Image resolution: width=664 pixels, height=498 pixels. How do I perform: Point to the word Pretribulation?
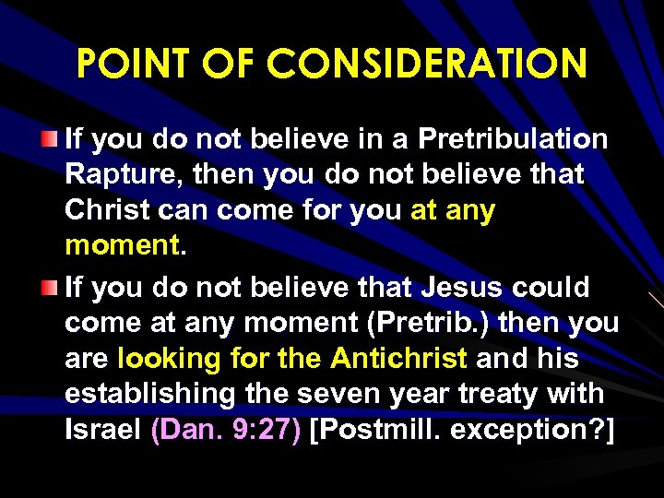tap(514, 139)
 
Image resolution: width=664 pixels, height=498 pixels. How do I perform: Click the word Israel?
tap(102, 430)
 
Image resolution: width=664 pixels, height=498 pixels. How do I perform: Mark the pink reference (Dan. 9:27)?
tap(226, 430)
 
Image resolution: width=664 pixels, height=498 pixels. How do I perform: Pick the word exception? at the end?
tap(528, 430)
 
